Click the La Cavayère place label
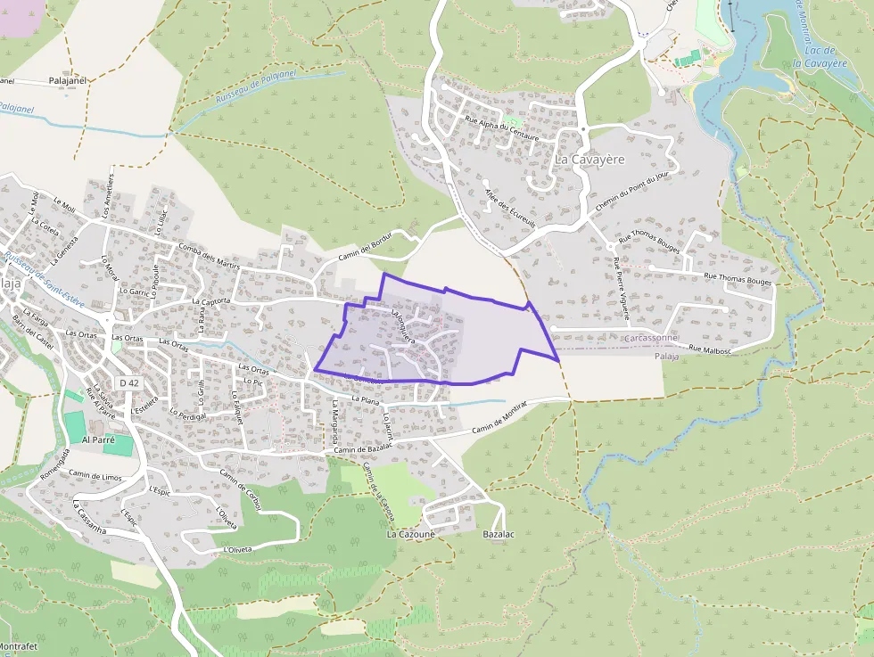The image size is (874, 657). (590, 160)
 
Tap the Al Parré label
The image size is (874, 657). (98, 440)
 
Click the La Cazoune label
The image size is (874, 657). (410, 535)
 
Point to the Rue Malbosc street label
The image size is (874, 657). (710, 349)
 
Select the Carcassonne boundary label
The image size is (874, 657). (652, 339)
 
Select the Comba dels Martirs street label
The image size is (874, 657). (210, 255)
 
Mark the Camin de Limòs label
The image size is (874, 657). (95, 476)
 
